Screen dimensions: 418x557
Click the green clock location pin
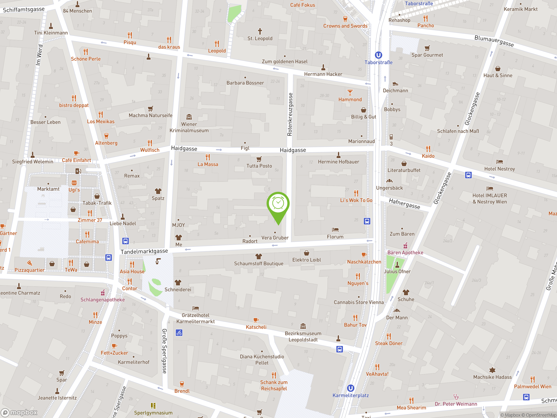point(278,204)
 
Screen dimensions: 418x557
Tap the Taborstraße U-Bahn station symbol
point(378,55)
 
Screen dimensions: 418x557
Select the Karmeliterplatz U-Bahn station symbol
point(351,388)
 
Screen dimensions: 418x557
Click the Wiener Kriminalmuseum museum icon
point(189,117)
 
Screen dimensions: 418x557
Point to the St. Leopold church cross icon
point(260,31)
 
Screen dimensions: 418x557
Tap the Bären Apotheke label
point(405,253)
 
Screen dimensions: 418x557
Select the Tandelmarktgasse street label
point(144,251)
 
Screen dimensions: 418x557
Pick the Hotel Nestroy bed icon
point(499,162)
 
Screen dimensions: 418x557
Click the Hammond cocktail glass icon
point(350,93)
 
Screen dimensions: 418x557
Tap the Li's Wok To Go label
point(356,200)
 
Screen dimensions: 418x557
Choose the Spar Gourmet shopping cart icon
point(427,48)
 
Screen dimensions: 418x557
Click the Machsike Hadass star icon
point(492,370)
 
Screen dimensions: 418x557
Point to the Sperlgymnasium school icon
point(153,405)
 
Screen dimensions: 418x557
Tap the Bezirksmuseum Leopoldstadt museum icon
point(303,326)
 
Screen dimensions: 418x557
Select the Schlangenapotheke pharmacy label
point(102,300)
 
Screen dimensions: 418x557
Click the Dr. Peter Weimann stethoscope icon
point(456,397)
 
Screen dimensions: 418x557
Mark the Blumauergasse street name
point(494,41)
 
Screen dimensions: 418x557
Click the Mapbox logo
point(19,413)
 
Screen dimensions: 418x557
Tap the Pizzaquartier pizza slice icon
point(29,263)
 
